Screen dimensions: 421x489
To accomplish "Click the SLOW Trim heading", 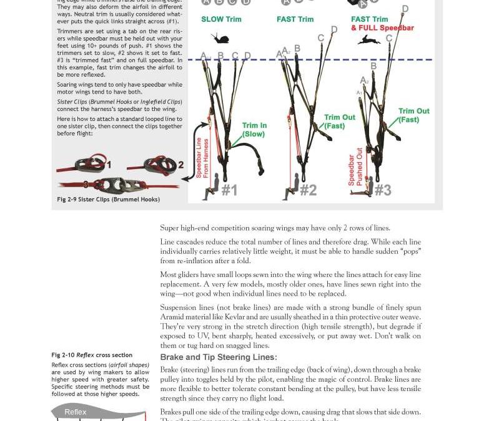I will pos(221,19).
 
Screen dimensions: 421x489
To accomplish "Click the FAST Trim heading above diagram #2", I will pos(295,19).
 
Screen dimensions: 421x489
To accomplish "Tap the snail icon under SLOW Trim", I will pos(220,39).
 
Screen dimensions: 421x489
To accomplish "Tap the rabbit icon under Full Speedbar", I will pos(368,40).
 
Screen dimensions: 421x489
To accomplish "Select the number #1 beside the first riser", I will pos(229,190).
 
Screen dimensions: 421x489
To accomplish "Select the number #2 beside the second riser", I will pos(309,190).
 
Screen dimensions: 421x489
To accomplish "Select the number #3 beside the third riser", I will pos(383,190).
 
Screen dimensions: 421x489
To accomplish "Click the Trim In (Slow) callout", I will pos(254,130).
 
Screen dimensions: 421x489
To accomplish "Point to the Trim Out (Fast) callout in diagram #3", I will pos(413,115).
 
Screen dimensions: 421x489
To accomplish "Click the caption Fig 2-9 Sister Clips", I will pos(108,200).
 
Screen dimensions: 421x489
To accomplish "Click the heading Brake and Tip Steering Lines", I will pos(218,357).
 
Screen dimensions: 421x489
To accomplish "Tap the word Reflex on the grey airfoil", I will pos(76,412).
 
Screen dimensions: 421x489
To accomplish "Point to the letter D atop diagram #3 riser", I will pos(405,9).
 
